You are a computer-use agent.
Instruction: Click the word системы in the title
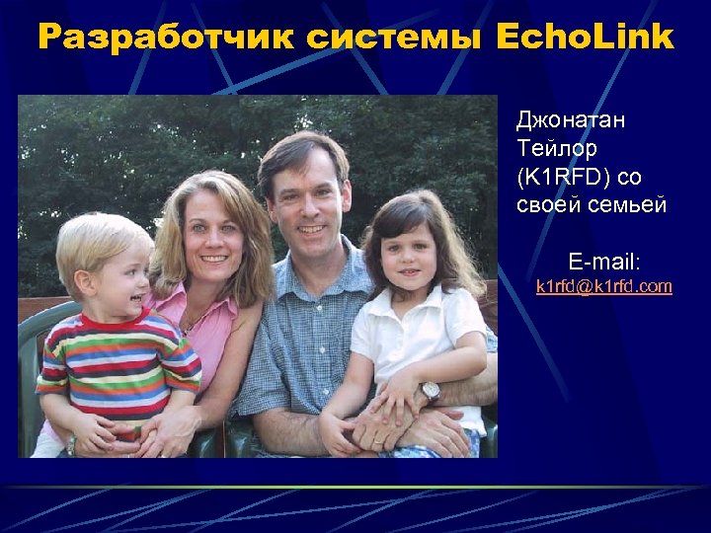395,38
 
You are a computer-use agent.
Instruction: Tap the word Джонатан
570,120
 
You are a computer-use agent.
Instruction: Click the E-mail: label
603,262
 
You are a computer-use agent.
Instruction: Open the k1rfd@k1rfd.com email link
603,286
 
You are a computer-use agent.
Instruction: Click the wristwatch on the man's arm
430,391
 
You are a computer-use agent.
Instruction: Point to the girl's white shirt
415,336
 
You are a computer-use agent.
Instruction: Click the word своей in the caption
548,206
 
